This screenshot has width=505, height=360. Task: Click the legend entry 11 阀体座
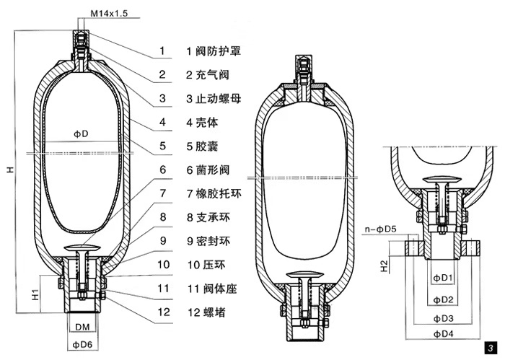pyautogui.click(x=213, y=288)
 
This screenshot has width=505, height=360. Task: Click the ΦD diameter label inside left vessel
pyautogui.click(x=81, y=134)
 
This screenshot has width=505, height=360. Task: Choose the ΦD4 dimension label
pyautogui.click(x=442, y=334)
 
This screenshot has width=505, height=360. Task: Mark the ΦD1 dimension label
pyautogui.click(x=442, y=278)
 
